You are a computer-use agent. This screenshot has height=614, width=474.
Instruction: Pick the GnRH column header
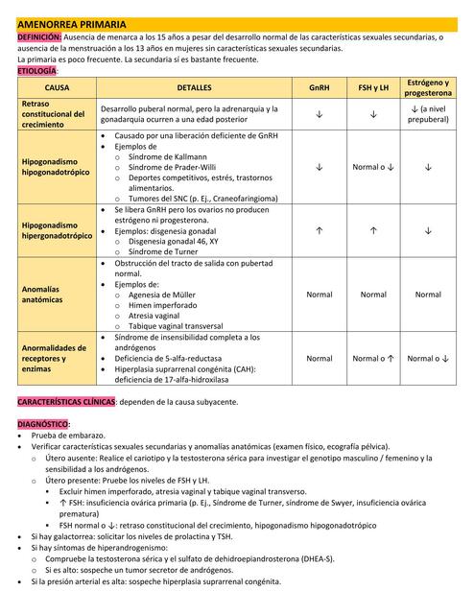click(319, 87)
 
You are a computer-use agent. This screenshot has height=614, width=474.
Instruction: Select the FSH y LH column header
click(372, 87)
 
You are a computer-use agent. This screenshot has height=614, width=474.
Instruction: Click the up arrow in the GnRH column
click(319, 230)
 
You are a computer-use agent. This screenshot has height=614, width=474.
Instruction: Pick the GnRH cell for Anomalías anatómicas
click(319, 295)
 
